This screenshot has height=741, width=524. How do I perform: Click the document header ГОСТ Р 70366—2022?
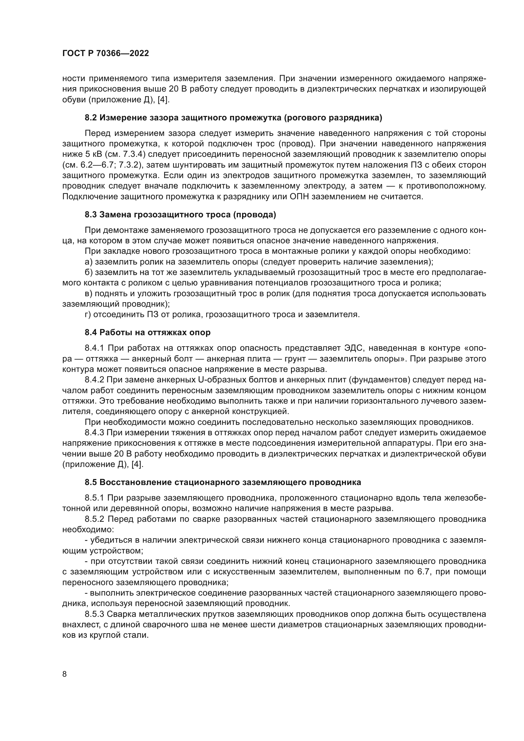(105, 54)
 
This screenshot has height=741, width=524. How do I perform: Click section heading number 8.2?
(91, 118)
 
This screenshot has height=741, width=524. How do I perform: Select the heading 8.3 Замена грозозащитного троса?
(180, 214)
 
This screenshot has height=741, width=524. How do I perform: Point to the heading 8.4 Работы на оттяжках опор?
(147, 332)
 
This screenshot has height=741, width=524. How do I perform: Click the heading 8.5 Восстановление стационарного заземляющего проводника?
(223, 482)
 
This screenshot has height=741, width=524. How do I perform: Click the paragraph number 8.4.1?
(94, 348)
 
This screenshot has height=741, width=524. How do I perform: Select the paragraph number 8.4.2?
(94, 380)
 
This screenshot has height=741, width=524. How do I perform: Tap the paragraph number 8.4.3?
(94, 432)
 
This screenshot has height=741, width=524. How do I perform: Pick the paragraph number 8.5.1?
(94, 498)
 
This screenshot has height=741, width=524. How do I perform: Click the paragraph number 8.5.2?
(94, 519)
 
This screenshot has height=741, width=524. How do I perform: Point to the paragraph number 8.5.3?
(94, 614)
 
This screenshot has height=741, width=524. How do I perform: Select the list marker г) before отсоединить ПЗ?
(88, 314)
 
